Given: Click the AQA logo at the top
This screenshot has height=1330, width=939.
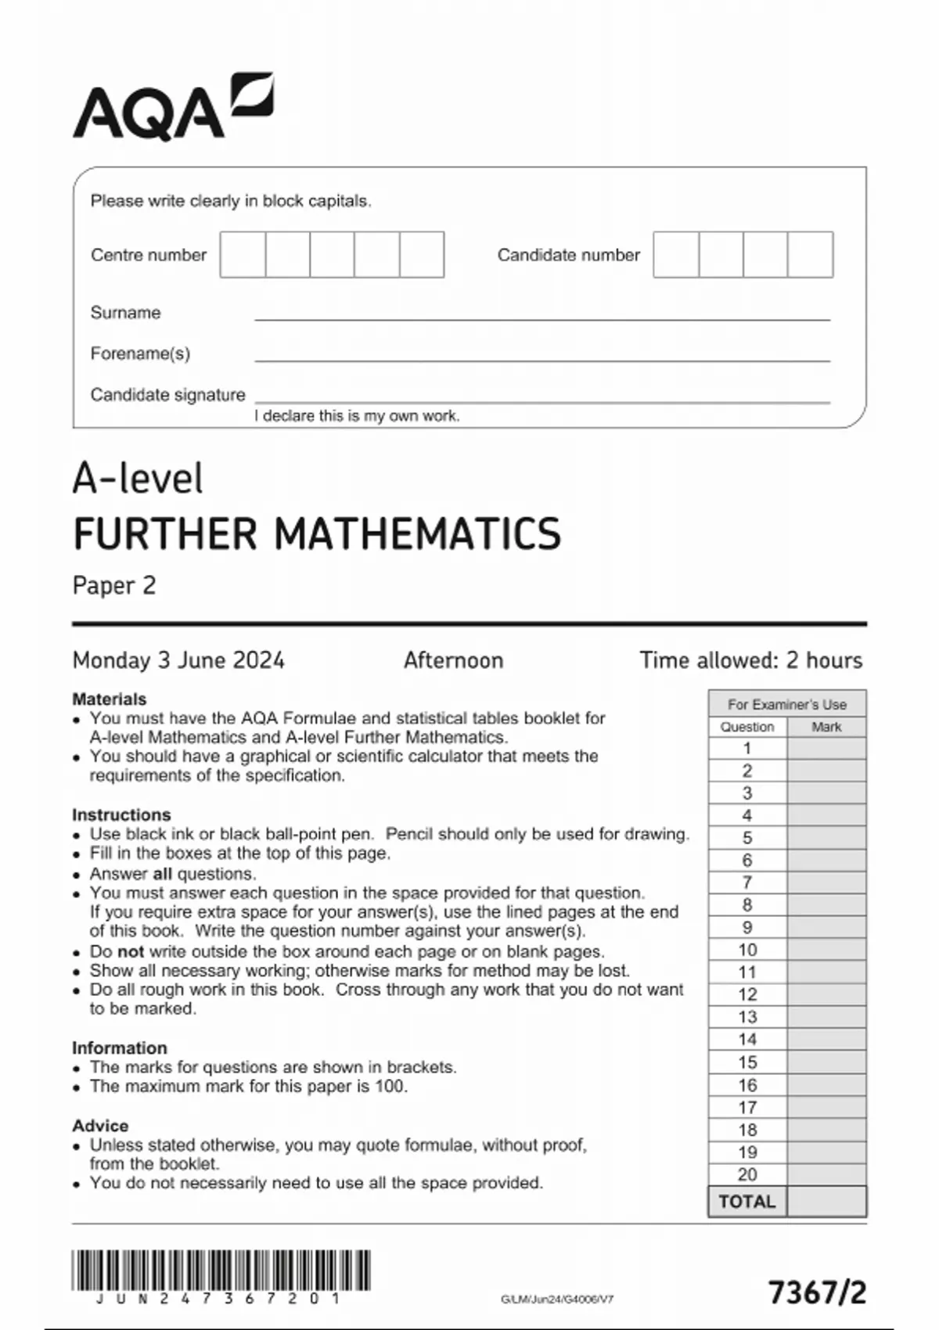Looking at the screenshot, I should [x=173, y=107].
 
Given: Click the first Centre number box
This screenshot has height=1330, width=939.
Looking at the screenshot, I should [x=243, y=254].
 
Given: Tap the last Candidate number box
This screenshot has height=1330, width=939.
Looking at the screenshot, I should [x=810, y=254].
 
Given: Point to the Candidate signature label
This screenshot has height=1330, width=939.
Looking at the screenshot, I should [x=167, y=395].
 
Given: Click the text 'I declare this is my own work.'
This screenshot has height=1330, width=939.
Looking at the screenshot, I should [x=357, y=416].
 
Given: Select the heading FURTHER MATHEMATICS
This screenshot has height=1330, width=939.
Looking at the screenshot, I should [x=317, y=534].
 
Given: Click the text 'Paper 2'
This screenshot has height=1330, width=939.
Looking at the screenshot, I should [x=114, y=586].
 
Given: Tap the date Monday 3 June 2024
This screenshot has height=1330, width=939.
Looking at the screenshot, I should [x=178, y=660].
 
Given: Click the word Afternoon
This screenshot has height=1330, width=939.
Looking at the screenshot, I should [x=453, y=660].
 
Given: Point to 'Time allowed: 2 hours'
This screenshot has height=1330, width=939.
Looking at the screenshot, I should [x=750, y=660].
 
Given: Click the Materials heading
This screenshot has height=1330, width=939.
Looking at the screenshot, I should [x=110, y=699].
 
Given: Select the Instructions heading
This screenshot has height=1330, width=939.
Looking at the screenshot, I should [x=121, y=814].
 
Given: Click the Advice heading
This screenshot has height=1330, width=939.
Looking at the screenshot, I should [x=100, y=1126].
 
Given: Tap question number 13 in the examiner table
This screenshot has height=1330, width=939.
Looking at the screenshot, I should [x=747, y=1017].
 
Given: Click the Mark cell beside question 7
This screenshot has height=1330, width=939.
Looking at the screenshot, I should [x=826, y=882].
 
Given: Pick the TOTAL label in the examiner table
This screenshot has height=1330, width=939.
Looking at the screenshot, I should [x=747, y=1202].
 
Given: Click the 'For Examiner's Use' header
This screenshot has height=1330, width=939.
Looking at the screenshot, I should [x=787, y=704].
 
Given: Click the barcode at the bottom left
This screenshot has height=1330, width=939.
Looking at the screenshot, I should [x=221, y=1270].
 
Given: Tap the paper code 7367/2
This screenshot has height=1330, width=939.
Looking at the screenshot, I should [x=817, y=1292].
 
